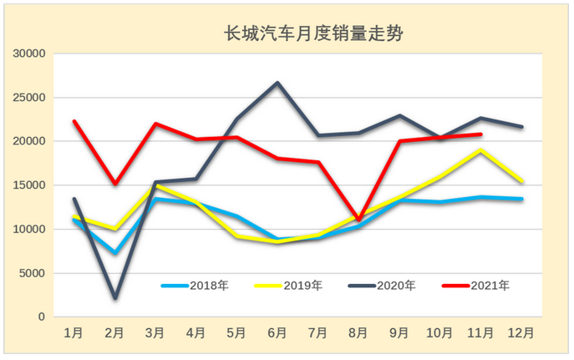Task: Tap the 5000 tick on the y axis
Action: pyautogui.click(x=33, y=273)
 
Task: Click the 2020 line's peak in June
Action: pyautogui.click(x=277, y=83)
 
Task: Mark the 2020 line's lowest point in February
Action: pyautogui.click(x=115, y=297)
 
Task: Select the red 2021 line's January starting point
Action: pyautogui.click(x=74, y=121)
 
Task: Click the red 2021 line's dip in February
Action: pyautogui.click(x=115, y=184)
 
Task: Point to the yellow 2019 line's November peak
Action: pyautogui.click(x=480, y=150)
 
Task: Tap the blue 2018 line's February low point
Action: pyautogui.click(x=115, y=252)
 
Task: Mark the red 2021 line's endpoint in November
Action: pyautogui.click(x=480, y=134)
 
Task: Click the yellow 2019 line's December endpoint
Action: pyautogui.click(x=521, y=182)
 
